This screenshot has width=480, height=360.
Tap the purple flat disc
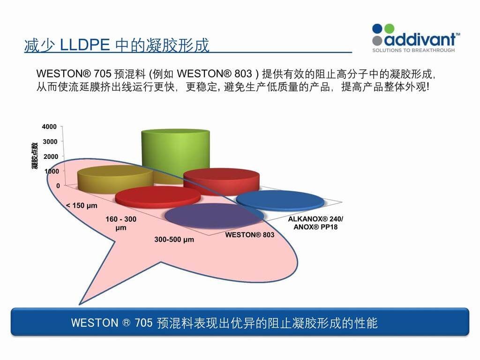click(214, 216)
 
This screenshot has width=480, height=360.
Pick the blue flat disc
click(280, 201)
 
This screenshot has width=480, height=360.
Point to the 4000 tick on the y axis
click(49, 127)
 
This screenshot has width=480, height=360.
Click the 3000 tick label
click(50, 142)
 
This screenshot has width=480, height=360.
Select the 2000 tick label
click(51, 157)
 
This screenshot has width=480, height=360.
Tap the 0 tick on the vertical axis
click(58, 186)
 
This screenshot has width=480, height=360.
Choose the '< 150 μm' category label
click(82, 205)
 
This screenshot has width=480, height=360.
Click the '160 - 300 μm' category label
click(121, 223)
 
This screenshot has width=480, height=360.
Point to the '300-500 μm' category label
click(174, 240)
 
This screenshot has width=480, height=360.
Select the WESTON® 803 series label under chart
click(250, 235)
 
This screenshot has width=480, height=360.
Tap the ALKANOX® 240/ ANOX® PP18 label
click(315, 223)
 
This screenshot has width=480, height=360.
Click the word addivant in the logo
click(420, 40)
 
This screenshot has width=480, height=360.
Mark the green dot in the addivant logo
click(389, 29)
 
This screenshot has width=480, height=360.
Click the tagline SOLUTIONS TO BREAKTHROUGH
click(413, 50)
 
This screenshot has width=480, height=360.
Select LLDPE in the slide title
click(85, 45)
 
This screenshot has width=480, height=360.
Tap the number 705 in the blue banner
click(143, 323)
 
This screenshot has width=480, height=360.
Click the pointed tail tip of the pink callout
click(80, 304)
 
